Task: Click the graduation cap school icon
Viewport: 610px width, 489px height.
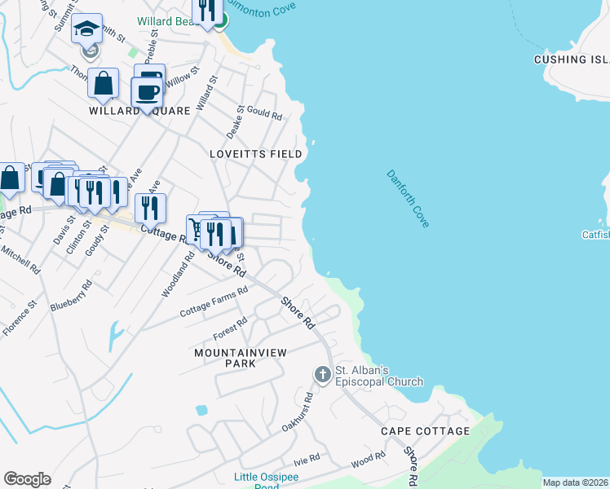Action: tap(86, 30)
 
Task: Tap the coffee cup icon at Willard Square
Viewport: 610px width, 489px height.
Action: tap(148, 93)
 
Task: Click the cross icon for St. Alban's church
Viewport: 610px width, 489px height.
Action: tap(322, 374)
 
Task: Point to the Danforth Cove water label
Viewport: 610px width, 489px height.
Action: tap(407, 198)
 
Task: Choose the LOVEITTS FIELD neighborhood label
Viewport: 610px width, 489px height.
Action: tap(255, 153)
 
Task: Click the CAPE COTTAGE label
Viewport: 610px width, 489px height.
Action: tap(425, 430)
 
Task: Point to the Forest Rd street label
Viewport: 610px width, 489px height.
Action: tap(230, 328)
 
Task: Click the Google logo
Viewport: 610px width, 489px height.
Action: tap(27, 479)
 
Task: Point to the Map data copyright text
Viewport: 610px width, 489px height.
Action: tap(575, 482)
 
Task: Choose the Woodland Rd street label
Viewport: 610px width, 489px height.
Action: tap(178, 274)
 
